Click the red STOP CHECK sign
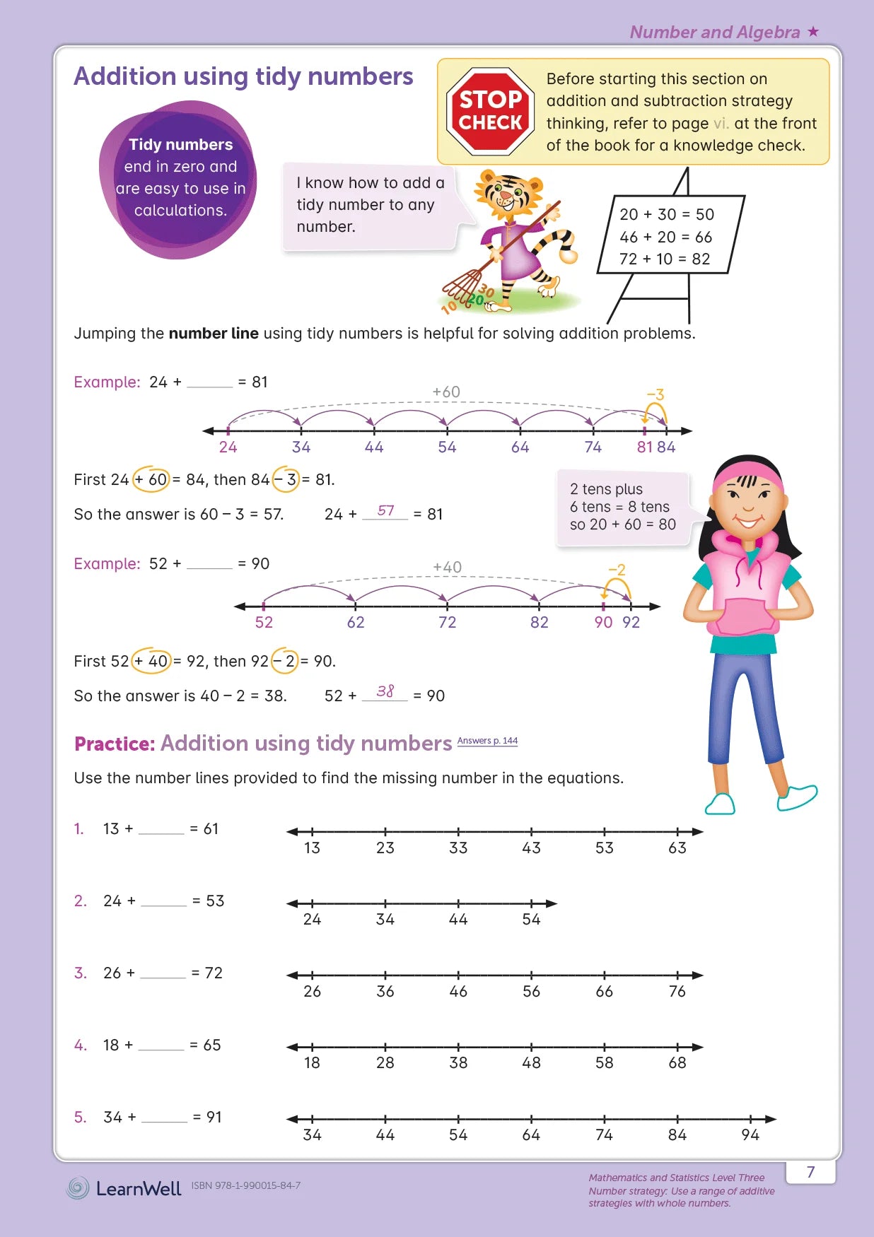click(x=490, y=111)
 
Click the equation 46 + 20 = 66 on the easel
click(x=665, y=237)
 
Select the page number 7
click(x=810, y=1172)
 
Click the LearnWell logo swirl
click(x=78, y=1188)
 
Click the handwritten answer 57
click(x=385, y=510)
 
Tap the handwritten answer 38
click(x=385, y=691)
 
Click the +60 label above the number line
click(x=446, y=392)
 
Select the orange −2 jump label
click(x=617, y=570)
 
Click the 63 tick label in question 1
click(x=677, y=848)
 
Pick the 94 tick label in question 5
click(x=750, y=1135)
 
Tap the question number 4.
click(x=81, y=1045)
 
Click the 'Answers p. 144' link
click(x=487, y=741)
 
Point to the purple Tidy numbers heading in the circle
click(x=180, y=144)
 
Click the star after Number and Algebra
click(x=813, y=31)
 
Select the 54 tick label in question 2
click(x=531, y=919)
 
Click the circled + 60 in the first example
click(x=151, y=479)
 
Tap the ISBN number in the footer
click(x=245, y=1185)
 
